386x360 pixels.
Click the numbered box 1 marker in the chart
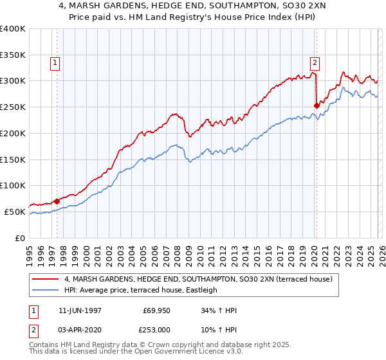[55, 63]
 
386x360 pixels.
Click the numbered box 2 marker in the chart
[315, 63]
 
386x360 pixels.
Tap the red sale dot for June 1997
[57, 201]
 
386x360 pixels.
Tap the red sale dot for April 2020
[317, 105]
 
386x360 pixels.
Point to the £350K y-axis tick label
[13, 55]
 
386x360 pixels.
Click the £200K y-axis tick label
[13, 133]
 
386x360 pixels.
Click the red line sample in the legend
[45, 280]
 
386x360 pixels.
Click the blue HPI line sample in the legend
[45, 290]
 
